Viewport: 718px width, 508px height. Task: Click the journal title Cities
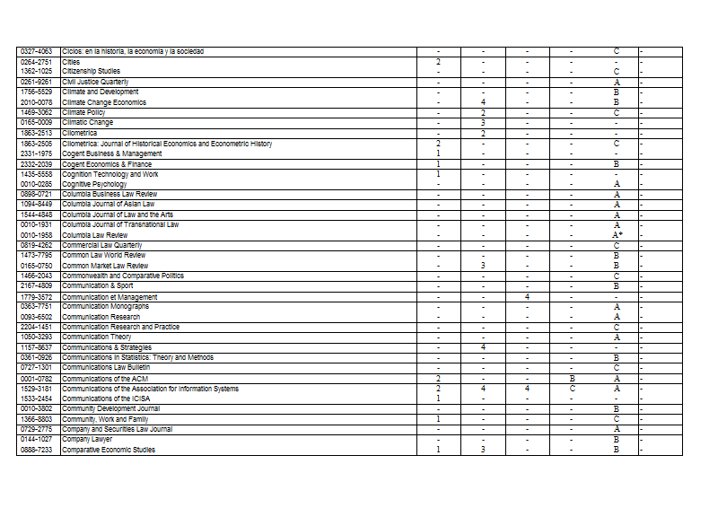(71, 62)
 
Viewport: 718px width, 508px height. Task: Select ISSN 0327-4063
(36, 51)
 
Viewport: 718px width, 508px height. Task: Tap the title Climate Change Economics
(104, 102)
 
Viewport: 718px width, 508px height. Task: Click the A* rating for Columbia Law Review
(617, 235)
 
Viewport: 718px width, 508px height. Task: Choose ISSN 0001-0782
(36, 379)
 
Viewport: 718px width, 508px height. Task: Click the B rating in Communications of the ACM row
(572, 379)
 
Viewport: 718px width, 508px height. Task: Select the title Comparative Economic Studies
(109, 450)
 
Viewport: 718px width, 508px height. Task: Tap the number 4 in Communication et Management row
(527, 296)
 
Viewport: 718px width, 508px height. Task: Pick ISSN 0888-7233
(36, 450)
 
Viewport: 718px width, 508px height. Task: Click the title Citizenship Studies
(92, 71)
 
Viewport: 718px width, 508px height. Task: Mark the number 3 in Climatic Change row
(483, 123)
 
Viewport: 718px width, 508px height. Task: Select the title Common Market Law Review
(105, 266)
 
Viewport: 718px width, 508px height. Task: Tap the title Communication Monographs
(106, 307)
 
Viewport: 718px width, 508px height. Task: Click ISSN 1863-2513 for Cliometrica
(36, 133)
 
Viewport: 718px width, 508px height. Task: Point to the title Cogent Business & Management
(112, 153)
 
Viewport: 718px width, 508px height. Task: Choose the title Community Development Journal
(111, 408)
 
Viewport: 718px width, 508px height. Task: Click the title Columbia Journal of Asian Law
(109, 204)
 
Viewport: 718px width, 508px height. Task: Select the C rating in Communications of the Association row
(572, 389)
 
